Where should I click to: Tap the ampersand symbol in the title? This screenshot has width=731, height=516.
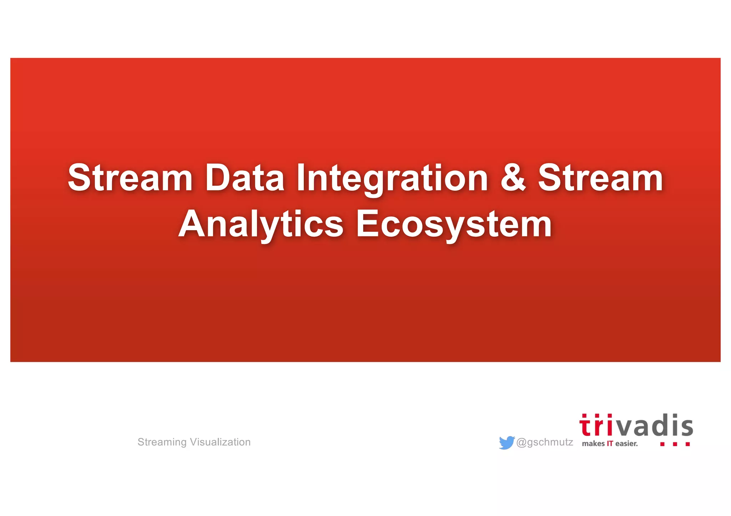coord(513,177)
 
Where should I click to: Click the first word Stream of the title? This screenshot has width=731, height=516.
coord(130,178)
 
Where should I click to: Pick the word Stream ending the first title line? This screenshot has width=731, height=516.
coord(600,178)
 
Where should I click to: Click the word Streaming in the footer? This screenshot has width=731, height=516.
coord(162,442)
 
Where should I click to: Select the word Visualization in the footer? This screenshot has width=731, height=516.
coord(220,442)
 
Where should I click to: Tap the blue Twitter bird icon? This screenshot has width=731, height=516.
coord(506,443)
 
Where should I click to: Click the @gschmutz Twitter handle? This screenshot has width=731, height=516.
coord(545,442)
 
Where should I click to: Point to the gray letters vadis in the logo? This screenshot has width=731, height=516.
coord(653,426)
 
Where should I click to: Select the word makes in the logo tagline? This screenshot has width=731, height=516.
coord(593,444)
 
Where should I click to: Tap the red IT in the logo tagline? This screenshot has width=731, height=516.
coord(610,444)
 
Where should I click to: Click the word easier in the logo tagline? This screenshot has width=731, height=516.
coord(626,444)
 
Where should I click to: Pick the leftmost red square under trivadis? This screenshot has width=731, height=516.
coord(662,444)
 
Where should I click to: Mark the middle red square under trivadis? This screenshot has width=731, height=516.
coord(675,444)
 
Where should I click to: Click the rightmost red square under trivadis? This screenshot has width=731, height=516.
coord(688,444)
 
